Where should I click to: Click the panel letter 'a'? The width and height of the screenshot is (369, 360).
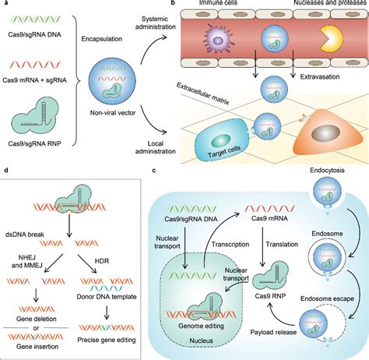[x=5, y=5]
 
